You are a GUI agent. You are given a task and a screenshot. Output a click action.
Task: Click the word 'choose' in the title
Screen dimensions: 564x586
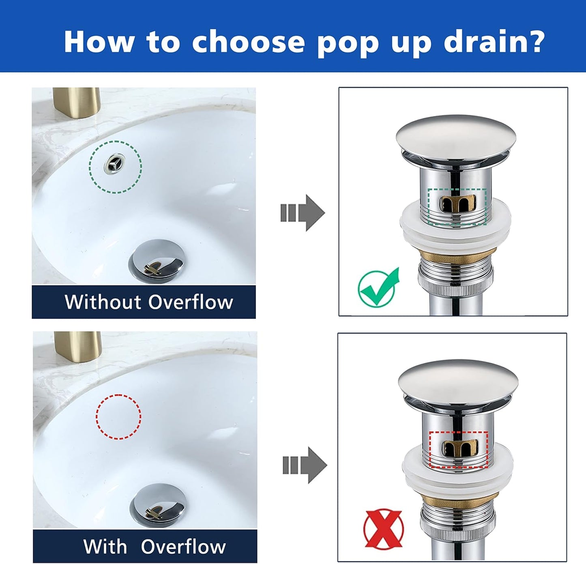tap(248, 42)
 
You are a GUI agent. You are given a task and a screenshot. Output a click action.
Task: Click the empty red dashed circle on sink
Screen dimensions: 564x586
tap(118, 417)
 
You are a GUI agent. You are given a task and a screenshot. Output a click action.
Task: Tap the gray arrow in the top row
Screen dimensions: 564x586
tap(303, 213)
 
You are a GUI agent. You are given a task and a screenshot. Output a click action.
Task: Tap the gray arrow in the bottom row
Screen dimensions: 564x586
tap(305, 465)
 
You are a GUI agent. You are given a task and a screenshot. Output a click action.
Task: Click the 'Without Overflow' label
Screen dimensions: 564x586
tap(148, 302)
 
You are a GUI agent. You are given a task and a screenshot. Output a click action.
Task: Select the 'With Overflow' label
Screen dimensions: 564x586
tap(154, 546)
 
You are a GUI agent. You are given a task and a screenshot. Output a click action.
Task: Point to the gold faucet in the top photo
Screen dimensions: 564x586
tap(76, 103)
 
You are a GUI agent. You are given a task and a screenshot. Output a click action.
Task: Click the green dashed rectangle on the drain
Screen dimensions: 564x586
tap(457, 206)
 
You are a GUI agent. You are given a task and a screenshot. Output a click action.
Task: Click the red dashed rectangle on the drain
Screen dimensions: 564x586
tap(459, 449)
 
